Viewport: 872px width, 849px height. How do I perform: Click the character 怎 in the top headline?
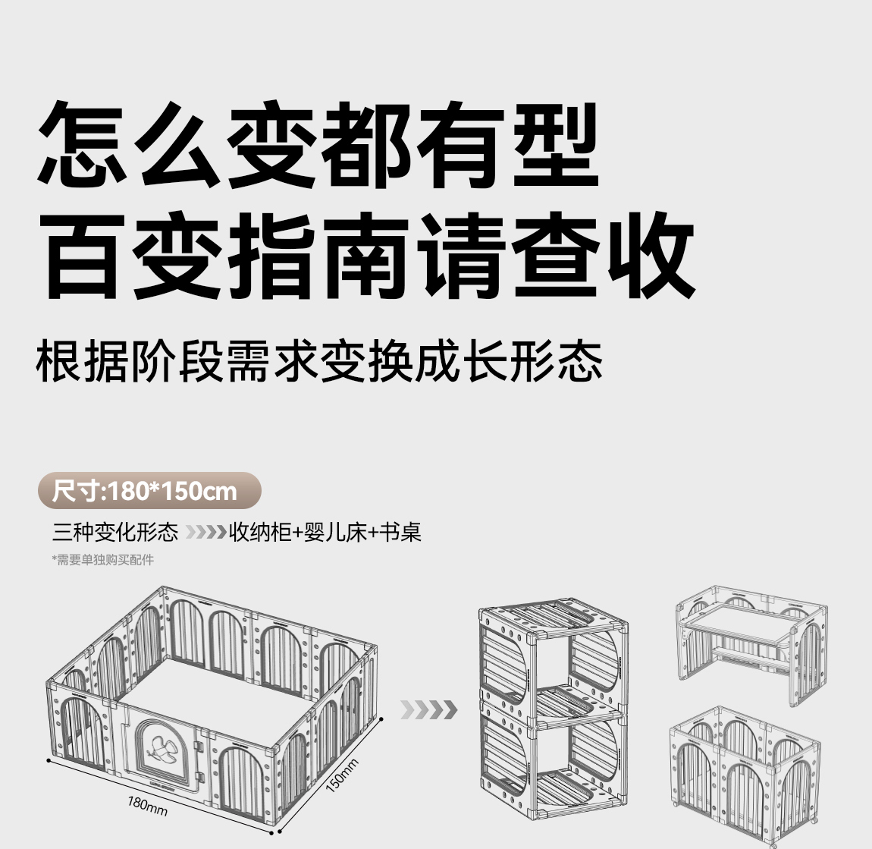84,144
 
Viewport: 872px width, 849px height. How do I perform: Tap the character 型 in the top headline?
557,144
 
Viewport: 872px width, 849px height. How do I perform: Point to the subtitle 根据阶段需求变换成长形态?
319,363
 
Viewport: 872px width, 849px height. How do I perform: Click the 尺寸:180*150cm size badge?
149,491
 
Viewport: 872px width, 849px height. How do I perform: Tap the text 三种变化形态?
115,533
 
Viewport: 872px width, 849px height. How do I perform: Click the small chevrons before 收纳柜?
205,533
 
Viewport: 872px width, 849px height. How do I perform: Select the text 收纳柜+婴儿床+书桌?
325,533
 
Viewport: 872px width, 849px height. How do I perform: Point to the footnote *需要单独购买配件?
102,560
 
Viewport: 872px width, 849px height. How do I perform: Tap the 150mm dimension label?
342,774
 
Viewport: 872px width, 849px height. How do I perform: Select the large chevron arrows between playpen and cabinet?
429,710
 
